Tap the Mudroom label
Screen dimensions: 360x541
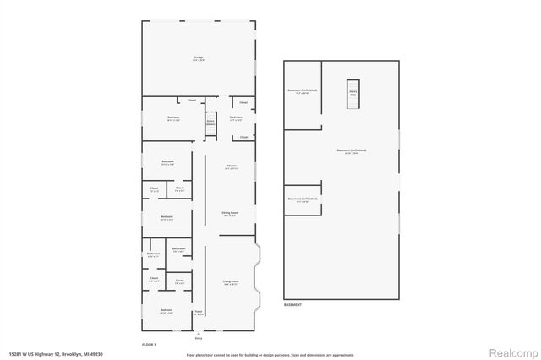(236, 117)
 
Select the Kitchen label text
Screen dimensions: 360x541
(231, 166)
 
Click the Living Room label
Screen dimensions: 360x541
(231, 281)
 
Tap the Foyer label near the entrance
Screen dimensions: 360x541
(199, 312)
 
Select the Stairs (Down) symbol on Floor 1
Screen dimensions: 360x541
(210, 123)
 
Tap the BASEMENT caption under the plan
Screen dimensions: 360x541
(292, 304)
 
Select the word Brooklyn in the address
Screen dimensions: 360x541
(73, 353)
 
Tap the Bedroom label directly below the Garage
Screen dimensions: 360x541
(172, 117)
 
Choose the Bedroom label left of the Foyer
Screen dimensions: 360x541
(166, 310)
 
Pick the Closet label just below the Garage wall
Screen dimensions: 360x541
(192, 101)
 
